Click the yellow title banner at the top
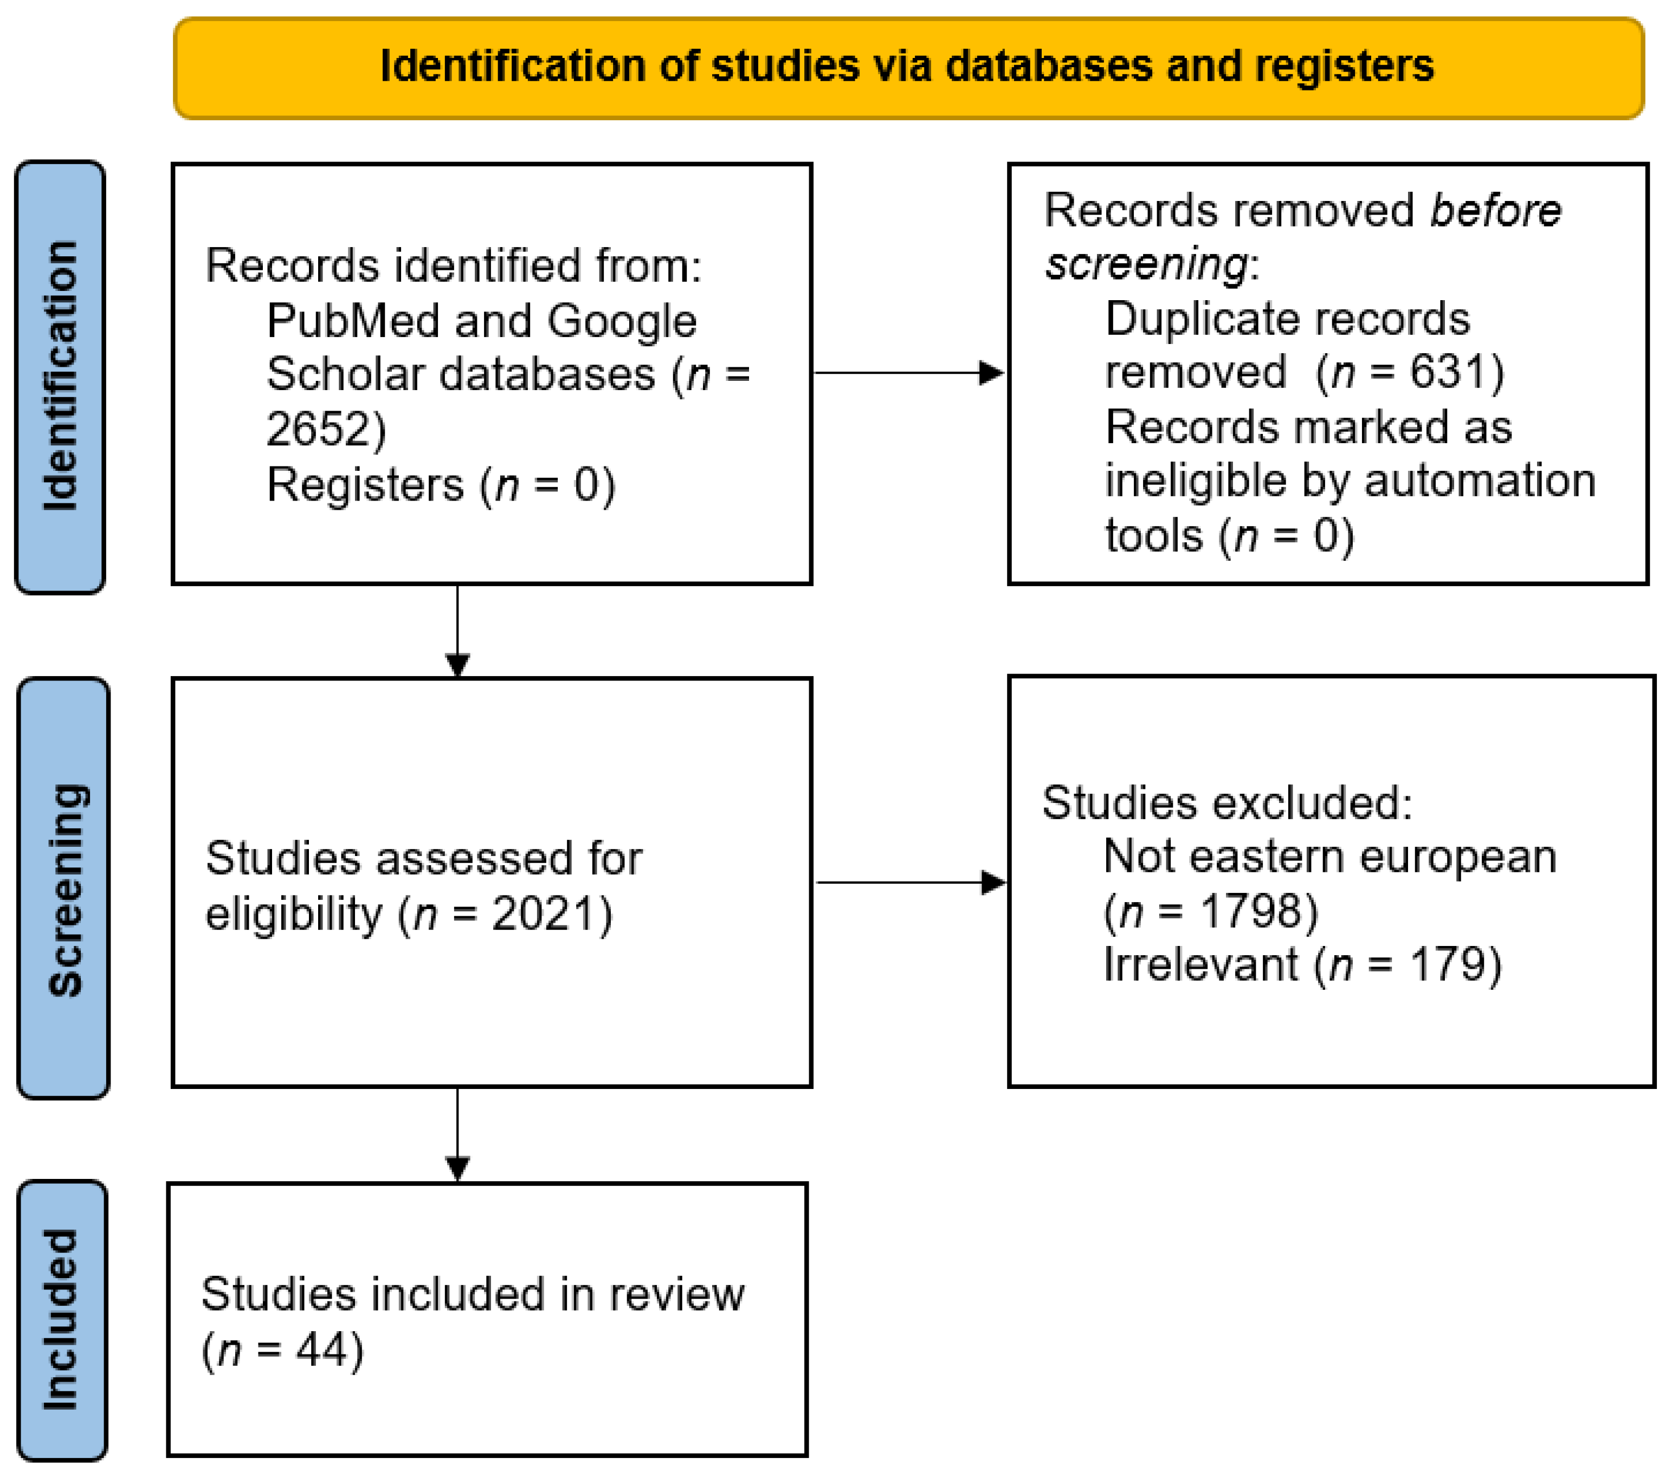(908, 68)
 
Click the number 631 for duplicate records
(1446, 372)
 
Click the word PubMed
(353, 321)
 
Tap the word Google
(621, 321)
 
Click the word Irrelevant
(1200, 964)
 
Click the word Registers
(365, 484)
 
